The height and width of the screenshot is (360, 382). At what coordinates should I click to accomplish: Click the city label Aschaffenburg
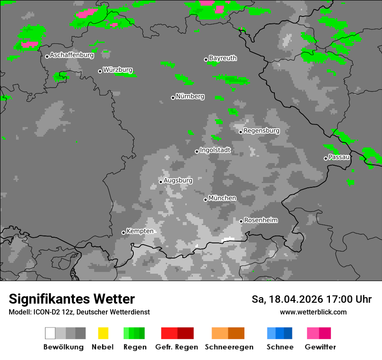point(72,55)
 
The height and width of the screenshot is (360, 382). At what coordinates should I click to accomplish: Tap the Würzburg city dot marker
point(100,71)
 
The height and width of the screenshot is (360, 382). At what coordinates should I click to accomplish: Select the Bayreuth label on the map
point(223,58)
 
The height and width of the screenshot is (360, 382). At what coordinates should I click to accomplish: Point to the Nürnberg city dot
point(173,98)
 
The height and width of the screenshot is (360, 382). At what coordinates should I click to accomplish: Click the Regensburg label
point(261,131)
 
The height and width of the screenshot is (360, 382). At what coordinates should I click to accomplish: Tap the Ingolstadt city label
point(215,150)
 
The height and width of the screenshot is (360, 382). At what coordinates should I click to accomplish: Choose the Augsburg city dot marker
point(161,182)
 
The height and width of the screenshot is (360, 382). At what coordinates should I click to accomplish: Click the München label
point(222,198)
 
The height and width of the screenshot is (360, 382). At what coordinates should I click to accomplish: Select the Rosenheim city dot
point(241,221)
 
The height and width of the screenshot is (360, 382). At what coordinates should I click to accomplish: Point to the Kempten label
point(140,231)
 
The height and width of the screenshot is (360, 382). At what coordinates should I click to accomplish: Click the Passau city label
point(339,157)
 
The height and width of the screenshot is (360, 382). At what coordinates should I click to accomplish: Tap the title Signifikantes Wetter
point(72,299)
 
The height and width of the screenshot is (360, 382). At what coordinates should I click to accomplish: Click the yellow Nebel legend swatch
point(103,333)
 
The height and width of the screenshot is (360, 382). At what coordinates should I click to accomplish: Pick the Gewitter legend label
point(320,347)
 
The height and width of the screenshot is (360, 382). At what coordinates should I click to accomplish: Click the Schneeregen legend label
point(229,347)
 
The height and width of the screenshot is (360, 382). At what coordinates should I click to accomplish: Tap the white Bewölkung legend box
point(50,333)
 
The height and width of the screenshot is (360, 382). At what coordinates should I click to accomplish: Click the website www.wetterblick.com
point(313,312)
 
